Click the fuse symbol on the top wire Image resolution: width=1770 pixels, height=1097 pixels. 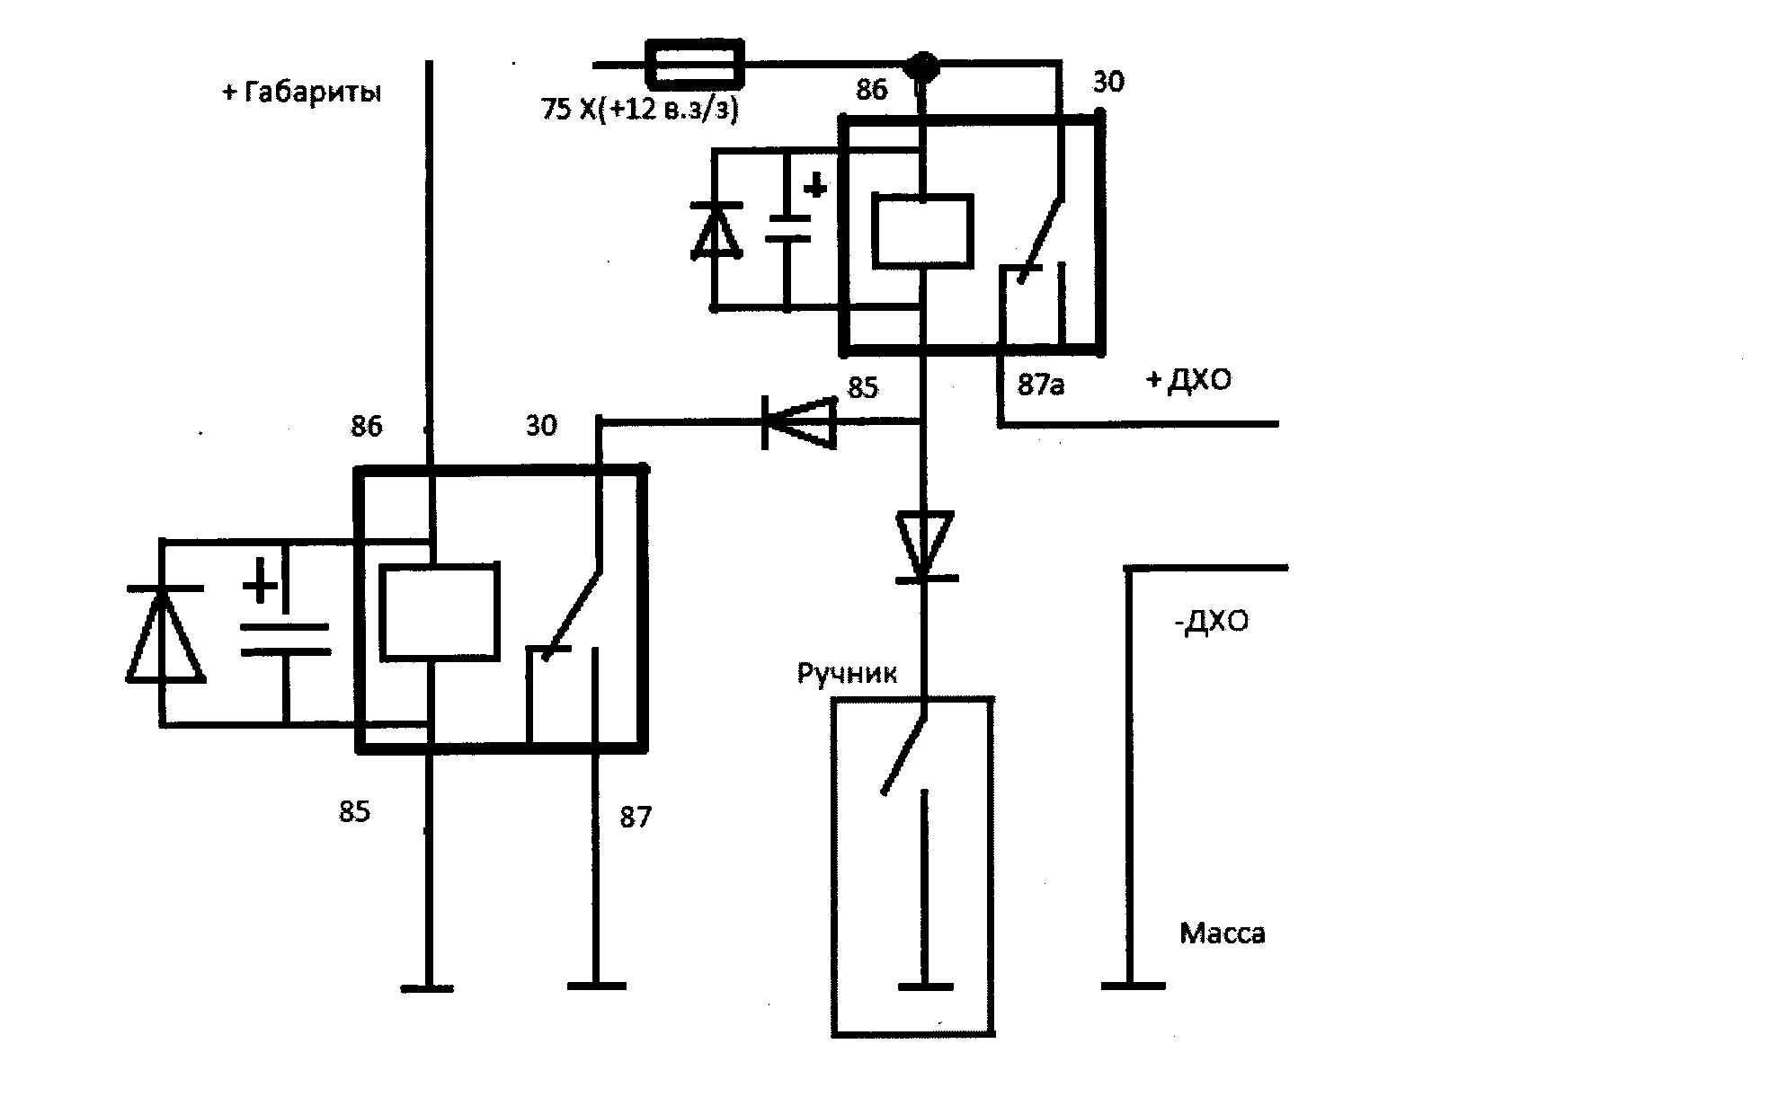click(696, 65)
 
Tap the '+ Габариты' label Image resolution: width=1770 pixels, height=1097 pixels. click(302, 93)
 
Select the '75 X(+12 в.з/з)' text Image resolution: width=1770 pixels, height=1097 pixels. click(639, 111)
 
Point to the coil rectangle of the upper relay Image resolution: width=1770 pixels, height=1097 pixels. click(922, 231)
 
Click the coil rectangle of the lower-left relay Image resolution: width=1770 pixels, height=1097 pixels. click(439, 612)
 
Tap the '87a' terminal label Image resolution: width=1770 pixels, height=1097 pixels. click(1041, 385)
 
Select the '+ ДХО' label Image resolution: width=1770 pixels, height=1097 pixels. click(1189, 381)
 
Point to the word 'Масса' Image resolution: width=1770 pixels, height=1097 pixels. click(1223, 933)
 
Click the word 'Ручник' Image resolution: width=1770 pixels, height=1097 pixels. click(847, 673)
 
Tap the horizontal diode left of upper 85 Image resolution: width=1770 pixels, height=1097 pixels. click(799, 421)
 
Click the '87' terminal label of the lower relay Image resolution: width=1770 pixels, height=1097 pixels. click(636, 818)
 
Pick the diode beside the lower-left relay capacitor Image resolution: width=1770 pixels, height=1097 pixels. click(165, 633)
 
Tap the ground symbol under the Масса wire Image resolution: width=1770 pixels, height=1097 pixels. click(1133, 986)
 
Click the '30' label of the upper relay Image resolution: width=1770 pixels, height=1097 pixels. click(1108, 83)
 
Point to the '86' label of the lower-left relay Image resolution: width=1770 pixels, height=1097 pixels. click(367, 426)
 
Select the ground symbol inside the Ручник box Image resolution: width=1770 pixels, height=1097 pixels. click(926, 986)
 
